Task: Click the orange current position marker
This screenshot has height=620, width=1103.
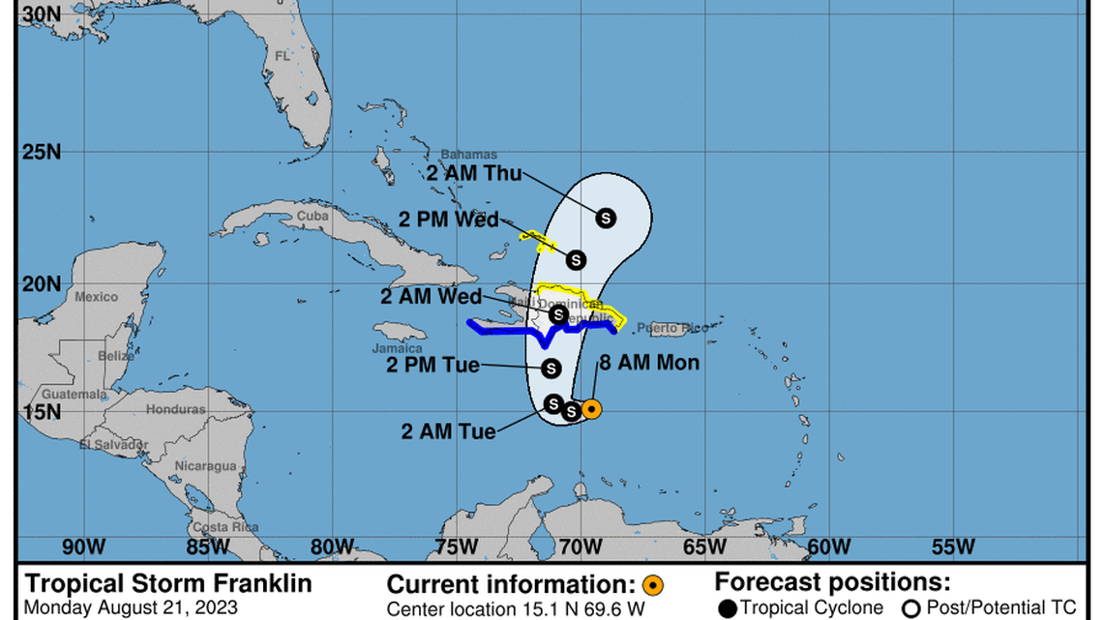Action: coord(591,409)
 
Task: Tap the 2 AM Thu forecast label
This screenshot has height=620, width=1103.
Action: coord(474,174)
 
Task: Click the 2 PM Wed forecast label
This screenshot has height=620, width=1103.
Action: coord(448,220)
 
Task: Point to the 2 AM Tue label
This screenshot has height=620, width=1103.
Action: coord(448,431)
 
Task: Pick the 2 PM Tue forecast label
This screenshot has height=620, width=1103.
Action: coord(432,365)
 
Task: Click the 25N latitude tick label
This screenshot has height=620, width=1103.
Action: coord(41,152)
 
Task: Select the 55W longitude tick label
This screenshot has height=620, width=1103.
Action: coord(954,546)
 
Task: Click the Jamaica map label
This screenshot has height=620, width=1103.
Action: coord(398,348)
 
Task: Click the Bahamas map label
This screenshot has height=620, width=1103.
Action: coord(468,155)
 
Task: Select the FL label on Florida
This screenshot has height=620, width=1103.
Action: coord(283,56)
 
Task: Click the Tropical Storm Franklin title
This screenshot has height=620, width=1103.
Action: coord(168,584)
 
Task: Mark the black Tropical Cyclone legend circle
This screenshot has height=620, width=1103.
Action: coord(728,607)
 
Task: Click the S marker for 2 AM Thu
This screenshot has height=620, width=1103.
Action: coord(606,218)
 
